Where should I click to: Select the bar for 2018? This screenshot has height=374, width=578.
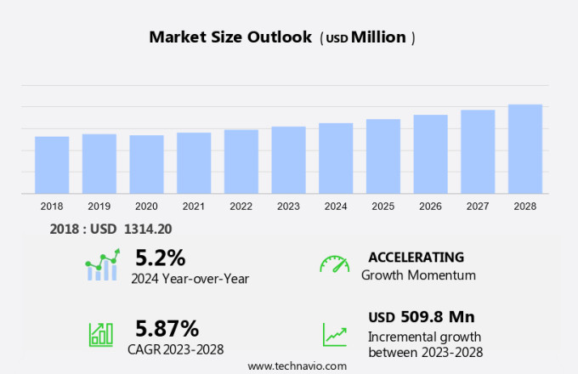coord(52,165)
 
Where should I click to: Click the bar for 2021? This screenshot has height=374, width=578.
coord(194,163)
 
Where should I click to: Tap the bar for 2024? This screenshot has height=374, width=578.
coord(336,158)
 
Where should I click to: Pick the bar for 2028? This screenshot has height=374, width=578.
coord(525,149)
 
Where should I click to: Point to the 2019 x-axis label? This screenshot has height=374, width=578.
coord(99,207)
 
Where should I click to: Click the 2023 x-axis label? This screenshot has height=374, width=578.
coord(288,207)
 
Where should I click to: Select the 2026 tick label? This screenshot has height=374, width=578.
coord(430,207)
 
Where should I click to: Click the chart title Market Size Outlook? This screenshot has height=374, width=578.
coord(229,37)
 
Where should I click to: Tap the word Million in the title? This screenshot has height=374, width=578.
coord(378,37)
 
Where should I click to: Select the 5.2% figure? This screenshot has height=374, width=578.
coord(160,257)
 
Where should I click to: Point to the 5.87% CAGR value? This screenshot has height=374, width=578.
coord(167,328)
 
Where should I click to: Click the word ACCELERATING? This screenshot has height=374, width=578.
coord(416,257)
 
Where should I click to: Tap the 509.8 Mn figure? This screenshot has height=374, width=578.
coord(438,317)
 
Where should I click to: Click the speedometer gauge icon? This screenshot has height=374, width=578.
coord(334,264)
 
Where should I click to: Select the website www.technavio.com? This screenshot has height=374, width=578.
coord(297,365)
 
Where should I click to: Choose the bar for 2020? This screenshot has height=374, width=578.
coord(146,164)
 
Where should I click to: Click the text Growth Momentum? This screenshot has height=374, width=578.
coord(418,275)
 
